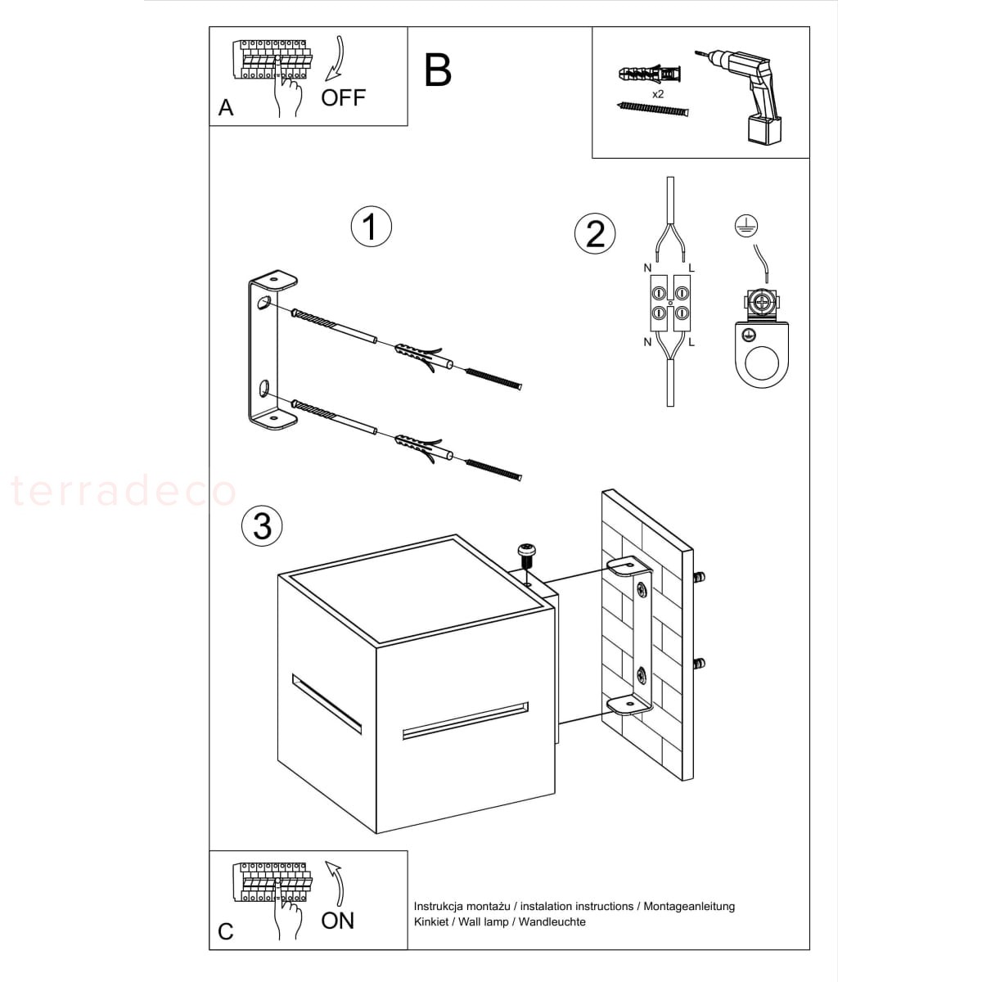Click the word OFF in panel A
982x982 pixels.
[x=343, y=97]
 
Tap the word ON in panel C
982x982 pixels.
[x=337, y=921]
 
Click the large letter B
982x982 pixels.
[x=437, y=71]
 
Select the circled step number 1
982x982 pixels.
[x=371, y=227]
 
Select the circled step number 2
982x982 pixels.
[x=595, y=234]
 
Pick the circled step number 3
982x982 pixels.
[x=262, y=525]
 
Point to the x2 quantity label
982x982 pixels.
[x=658, y=94]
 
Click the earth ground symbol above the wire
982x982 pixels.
[x=746, y=225]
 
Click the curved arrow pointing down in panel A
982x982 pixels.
[x=337, y=60]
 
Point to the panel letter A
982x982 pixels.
[x=226, y=108]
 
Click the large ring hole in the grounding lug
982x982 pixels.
[x=761, y=364]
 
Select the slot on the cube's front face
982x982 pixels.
[x=466, y=721]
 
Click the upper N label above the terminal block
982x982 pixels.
[x=647, y=268]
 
